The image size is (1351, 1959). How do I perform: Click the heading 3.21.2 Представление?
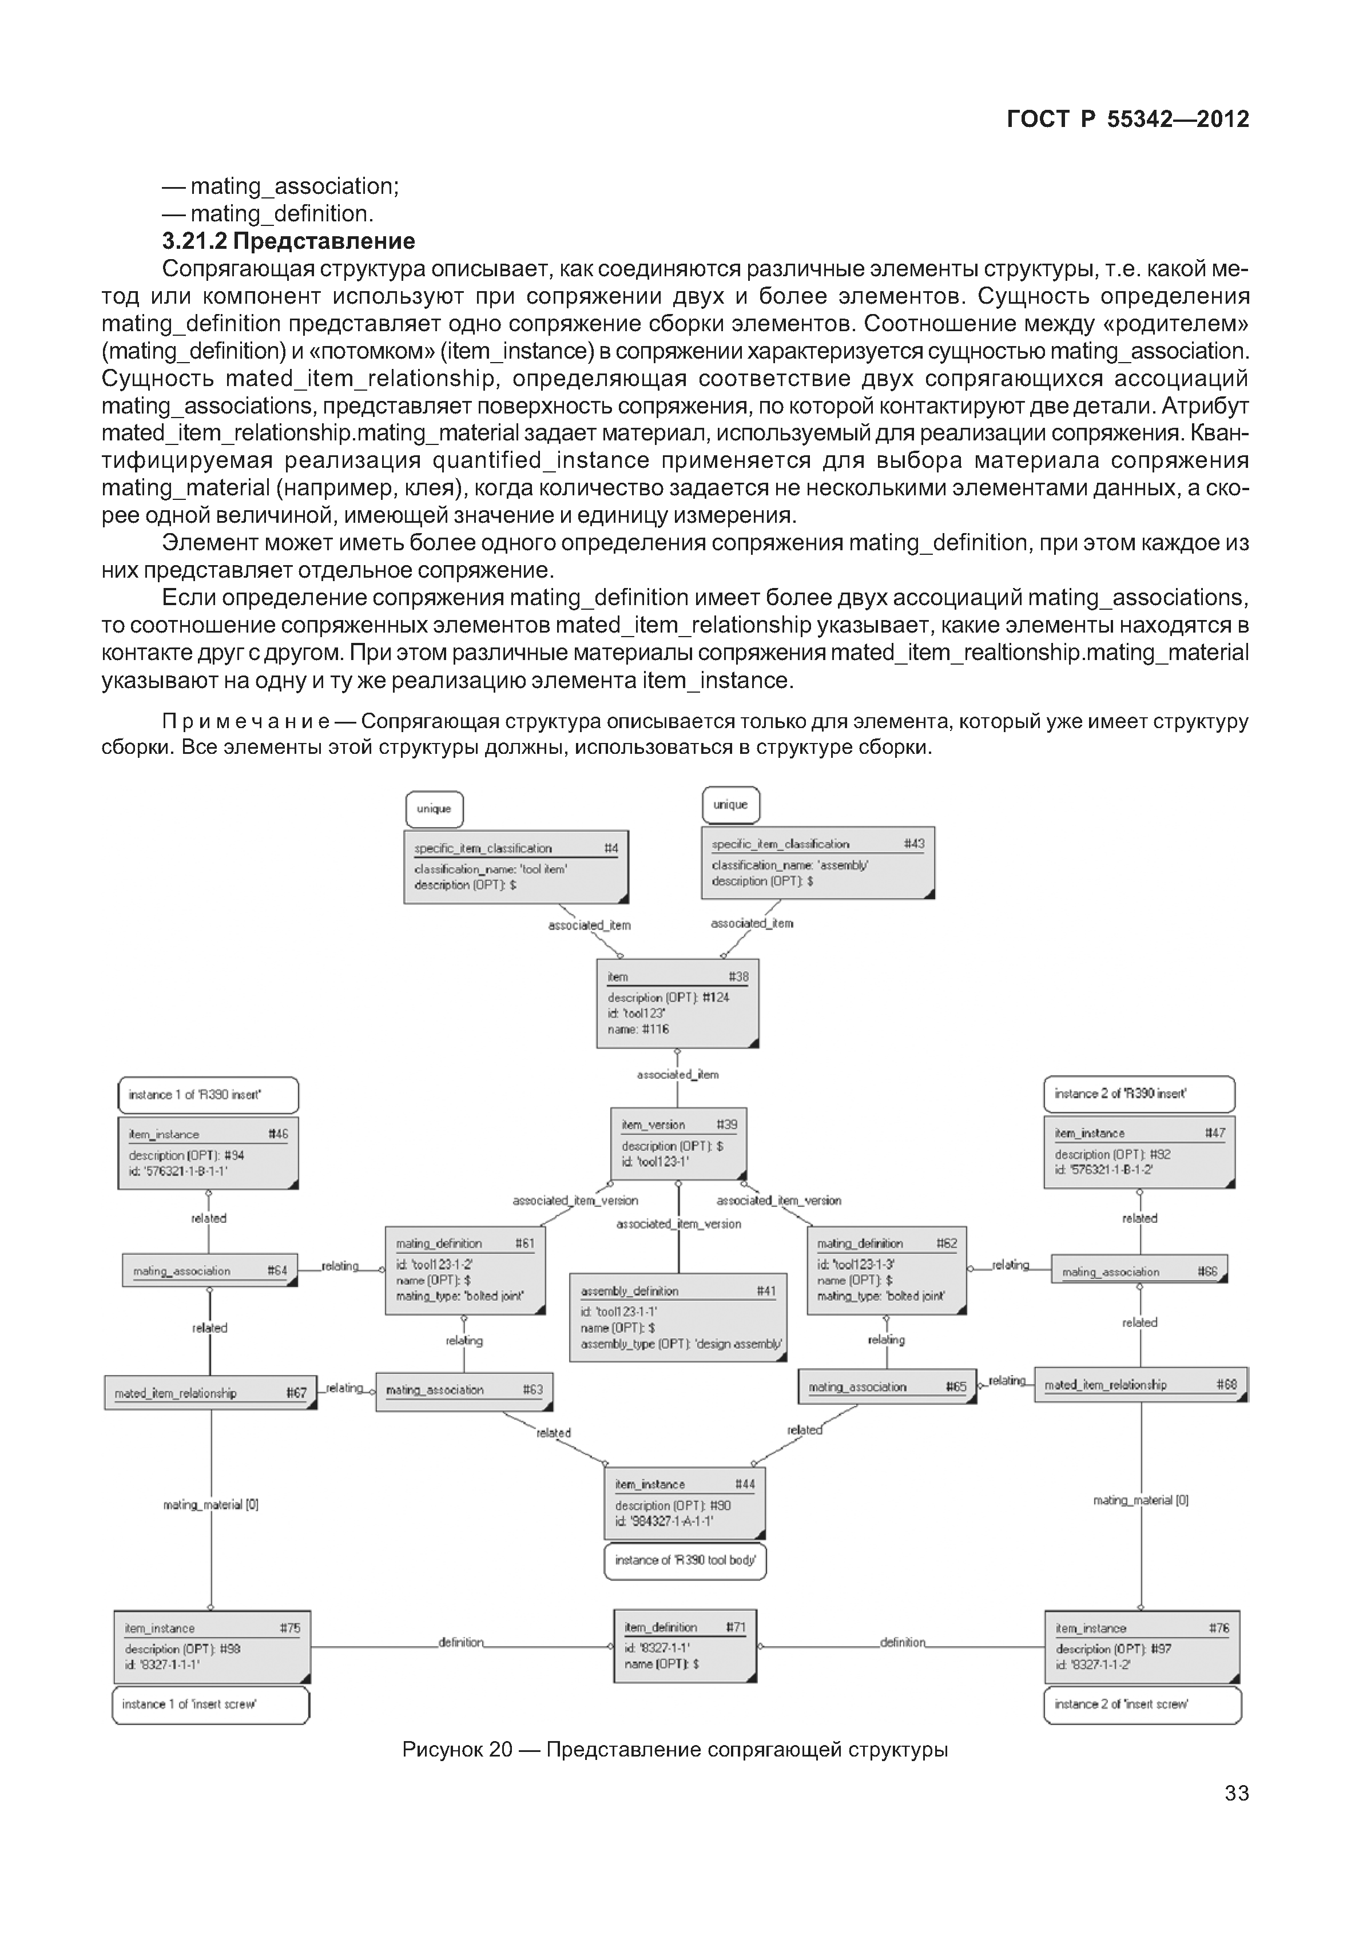tap(289, 241)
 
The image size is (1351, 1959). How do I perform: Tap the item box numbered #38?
tap(677, 1003)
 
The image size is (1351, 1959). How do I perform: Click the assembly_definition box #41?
tap(678, 1317)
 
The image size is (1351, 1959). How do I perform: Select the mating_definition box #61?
tap(464, 1270)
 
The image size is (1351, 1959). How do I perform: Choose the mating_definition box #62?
tap(887, 1270)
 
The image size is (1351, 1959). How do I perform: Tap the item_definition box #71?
tap(684, 1646)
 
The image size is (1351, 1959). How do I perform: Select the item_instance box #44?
tap(684, 1503)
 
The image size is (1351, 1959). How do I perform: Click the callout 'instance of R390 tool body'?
tap(685, 1561)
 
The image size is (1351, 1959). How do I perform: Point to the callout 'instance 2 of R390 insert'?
tap(1139, 1094)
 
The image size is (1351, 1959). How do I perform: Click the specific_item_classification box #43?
tap(818, 863)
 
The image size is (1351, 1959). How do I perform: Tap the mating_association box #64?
tap(209, 1271)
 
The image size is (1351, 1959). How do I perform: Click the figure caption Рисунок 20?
tap(675, 1750)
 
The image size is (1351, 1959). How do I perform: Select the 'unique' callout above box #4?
tap(434, 809)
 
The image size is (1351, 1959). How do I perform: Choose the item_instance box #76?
tap(1141, 1646)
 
